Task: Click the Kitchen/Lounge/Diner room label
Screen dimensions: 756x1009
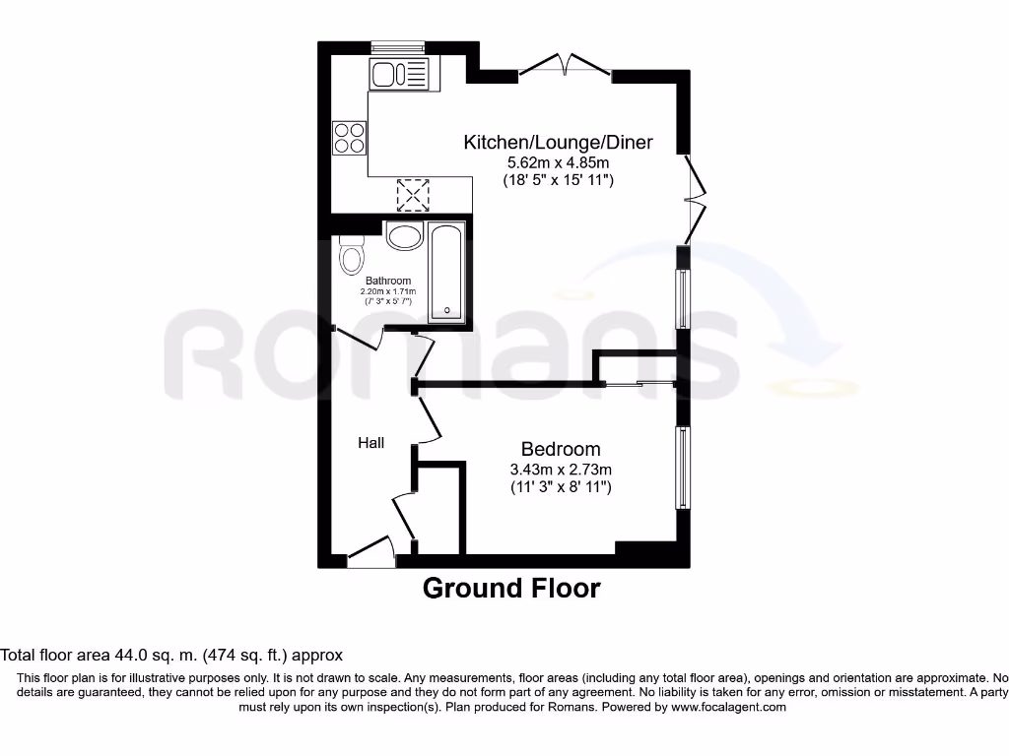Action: (x=558, y=143)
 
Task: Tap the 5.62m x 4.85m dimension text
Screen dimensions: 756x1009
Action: (x=558, y=162)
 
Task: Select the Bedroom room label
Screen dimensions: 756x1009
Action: (x=561, y=449)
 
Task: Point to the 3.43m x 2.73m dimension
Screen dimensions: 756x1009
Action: (x=561, y=469)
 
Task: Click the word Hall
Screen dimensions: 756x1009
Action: (x=370, y=444)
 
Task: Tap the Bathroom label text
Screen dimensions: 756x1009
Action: (x=388, y=281)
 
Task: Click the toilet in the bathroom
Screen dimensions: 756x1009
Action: (x=350, y=256)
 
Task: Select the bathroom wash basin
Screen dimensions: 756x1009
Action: (x=404, y=236)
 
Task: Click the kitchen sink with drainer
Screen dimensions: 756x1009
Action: (x=400, y=75)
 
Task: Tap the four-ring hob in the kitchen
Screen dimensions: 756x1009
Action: (x=350, y=137)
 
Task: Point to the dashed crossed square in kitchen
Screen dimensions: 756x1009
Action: (x=414, y=194)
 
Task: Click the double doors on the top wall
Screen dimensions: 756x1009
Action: (x=566, y=67)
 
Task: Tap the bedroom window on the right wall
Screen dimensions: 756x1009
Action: (x=682, y=468)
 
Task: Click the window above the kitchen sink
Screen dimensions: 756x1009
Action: (x=397, y=45)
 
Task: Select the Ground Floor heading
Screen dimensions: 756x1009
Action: (x=510, y=589)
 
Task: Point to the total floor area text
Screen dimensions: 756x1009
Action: (x=171, y=654)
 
